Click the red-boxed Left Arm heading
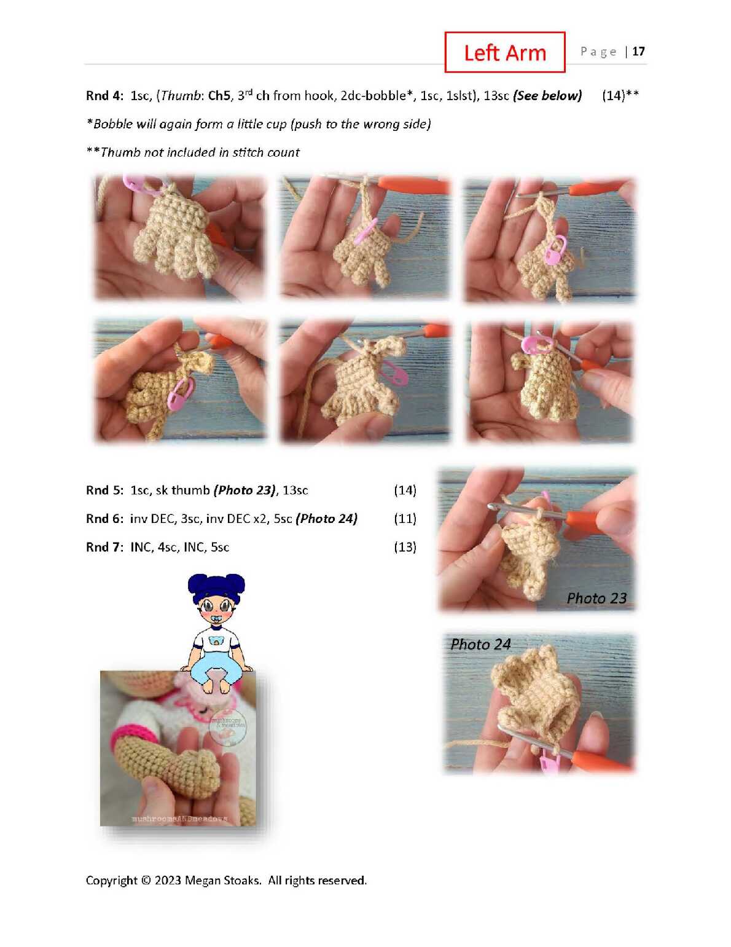click(504, 52)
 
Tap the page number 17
click(638, 52)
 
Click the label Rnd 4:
click(104, 96)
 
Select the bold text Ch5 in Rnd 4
click(219, 96)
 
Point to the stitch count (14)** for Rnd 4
click(620, 96)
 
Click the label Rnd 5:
click(104, 490)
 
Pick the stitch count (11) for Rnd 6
click(405, 519)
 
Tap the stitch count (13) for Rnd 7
click(405, 547)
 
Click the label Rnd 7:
click(104, 547)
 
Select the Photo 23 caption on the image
click(596, 599)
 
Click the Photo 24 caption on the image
click(480, 644)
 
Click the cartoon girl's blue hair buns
click(216, 586)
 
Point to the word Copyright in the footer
click(112, 881)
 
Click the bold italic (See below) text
click(547, 96)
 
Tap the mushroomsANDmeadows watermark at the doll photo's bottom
click(179, 819)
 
